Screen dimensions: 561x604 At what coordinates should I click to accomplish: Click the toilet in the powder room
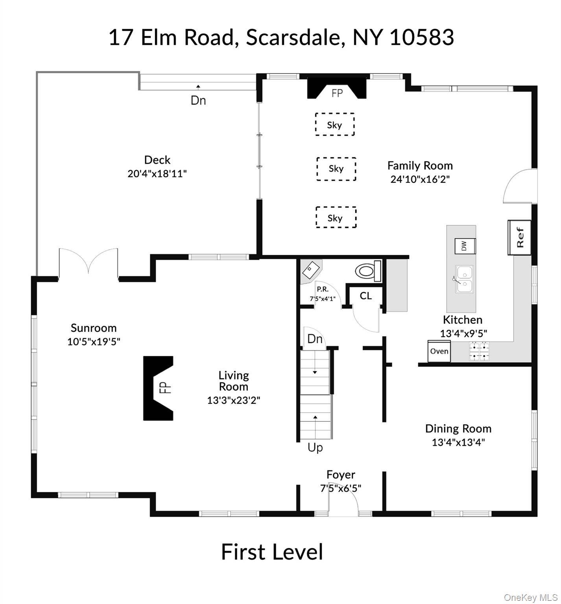pyautogui.click(x=369, y=271)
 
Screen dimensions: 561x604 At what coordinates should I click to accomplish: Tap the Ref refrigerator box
pyautogui.click(x=519, y=237)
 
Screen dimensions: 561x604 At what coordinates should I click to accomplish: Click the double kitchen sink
pyautogui.click(x=464, y=279)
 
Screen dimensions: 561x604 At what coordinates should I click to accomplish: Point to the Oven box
pyautogui.click(x=439, y=351)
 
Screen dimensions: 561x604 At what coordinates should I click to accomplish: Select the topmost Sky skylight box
pyautogui.click(x=334, y=125)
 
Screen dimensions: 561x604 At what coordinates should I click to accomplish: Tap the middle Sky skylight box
pyautogui.click(x=336, y=169)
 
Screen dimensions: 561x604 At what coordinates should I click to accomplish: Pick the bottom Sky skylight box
pyautogui.click(x=336, y=217)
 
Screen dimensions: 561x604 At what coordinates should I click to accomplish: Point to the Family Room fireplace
pyautogui.click(x=337, y=88)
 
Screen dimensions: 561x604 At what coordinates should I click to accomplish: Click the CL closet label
pyautogui.click(x=365, y=296)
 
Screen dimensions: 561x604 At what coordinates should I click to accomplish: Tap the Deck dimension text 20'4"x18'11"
pyautogui.click(x=157, y=174)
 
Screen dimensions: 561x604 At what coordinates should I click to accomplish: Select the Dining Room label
pyautogui.click(x=458, y=428)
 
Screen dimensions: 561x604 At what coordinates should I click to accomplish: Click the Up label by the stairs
pyautogui.click(x=315, y=448)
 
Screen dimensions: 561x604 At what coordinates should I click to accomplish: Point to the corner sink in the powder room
pyautogui.click(x=311, y=270)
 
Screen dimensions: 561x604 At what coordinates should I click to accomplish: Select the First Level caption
pyautogui.click(x=272, y=552)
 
